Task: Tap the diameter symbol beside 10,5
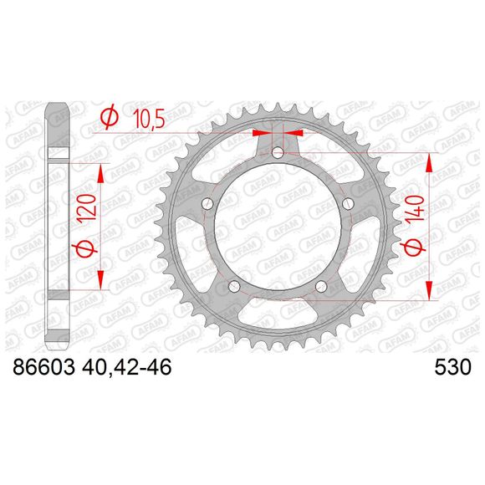click(108, 120)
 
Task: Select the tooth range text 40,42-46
click(125, 368)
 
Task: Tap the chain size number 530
click(452, 368)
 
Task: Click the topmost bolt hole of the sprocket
click(278, 153)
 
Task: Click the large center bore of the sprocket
click(278, 230)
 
